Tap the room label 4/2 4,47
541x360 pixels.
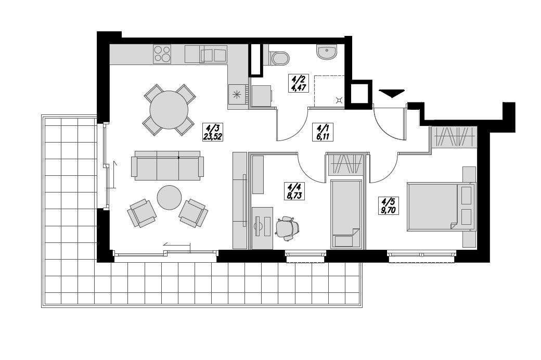pos(299,83)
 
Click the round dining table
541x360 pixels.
pos(169,110)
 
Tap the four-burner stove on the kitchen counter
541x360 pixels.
pos(162,54)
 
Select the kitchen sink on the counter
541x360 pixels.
pos(213,55)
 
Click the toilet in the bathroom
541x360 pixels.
pos(279,58)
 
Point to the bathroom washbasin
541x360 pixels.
pos(327,52)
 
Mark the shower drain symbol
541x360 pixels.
pos(339,100)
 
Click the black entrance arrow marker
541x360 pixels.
pos(391,93)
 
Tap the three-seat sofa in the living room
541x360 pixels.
pos(167,166)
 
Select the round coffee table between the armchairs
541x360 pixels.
pos(170,198)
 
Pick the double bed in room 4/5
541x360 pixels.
pos(440,206)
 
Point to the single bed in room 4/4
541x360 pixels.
pos(346,214)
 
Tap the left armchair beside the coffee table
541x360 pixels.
pos(141,212)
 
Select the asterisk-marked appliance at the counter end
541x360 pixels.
pos(238,94)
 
